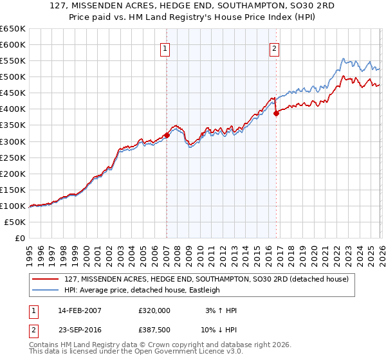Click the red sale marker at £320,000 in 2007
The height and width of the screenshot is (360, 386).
pos(167,135)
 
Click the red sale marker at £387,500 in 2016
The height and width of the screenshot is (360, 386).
pos(276,113)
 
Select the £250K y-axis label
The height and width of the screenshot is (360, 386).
pos(13,157)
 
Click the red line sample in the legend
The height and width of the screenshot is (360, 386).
pos(47,279)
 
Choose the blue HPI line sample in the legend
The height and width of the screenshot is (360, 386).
pos(47,290)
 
